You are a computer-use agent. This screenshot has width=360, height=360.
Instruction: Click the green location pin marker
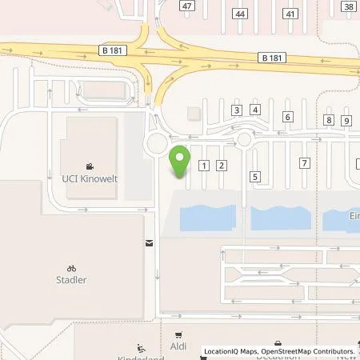tap(181, 162)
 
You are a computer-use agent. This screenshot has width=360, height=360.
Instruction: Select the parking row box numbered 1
tap(205, 166)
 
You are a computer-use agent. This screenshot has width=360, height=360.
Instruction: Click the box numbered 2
tap(222, 166)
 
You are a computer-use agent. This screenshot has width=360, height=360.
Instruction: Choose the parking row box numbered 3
tap(237, 110)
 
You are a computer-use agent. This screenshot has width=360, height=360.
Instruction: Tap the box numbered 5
tap(255, 176)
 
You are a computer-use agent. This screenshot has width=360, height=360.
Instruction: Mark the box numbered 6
tap(288, 117)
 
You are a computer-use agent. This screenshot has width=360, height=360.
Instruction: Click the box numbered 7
tap(304, 163)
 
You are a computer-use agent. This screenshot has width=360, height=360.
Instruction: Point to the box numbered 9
tap(346, 121)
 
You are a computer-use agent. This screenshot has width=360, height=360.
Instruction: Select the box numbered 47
tap(187, 6)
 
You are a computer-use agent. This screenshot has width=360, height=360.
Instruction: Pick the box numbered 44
tap(239, 14)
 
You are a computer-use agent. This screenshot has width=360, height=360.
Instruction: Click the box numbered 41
tap(290, 14)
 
